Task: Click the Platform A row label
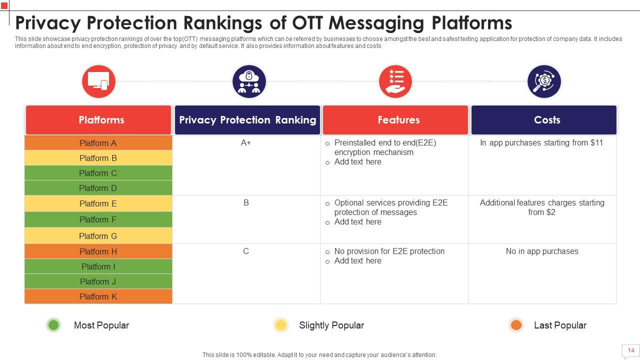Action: point(98,143)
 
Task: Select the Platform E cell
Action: point(98,203)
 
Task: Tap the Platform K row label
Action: point(98,296)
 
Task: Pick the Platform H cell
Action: point(98,251)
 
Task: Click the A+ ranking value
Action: point(246,143)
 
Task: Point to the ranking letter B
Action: point(246,203)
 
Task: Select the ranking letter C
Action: point(246,251)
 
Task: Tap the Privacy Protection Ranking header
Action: point(247,120)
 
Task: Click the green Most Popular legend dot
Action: point(53,325)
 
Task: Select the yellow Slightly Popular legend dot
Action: point(281,325)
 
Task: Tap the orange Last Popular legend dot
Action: point(516,325)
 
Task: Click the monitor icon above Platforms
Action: point(98,81)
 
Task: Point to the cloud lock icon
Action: point(249,81)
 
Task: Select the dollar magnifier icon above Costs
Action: point(544,81)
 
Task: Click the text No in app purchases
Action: point(542,251)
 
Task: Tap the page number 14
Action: point(630,350)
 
